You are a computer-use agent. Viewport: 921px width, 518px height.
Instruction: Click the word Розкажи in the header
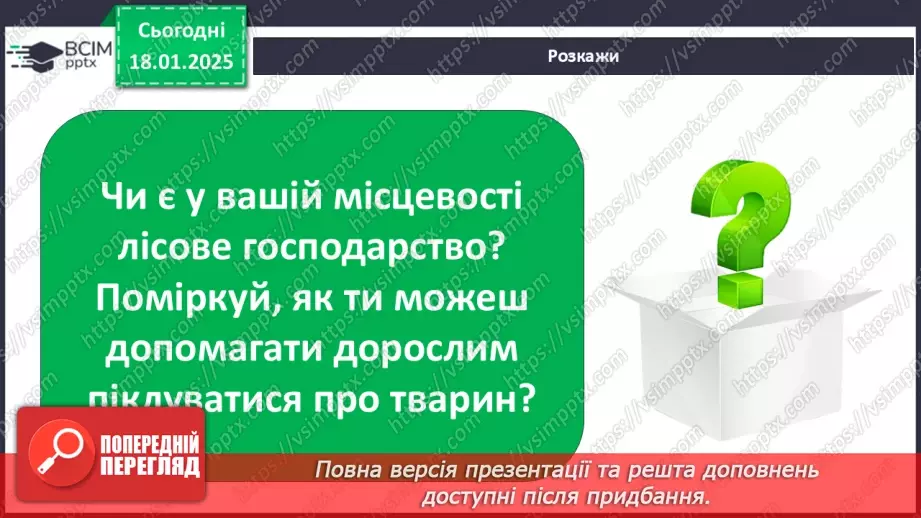(x=583, y=56)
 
